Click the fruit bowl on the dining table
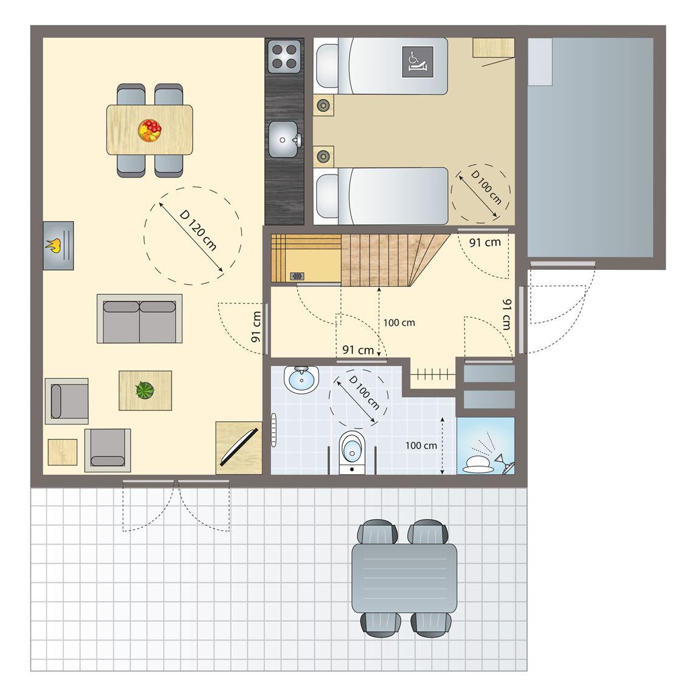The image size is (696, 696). pos(149,130)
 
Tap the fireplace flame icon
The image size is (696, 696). pos(53,245)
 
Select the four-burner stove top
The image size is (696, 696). pos(284,57)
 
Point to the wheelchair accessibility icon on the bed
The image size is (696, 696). pos(417,62)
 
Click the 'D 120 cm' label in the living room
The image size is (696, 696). pos(198,230)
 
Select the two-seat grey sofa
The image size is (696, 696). pos(139,319)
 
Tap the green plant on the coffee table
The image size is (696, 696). pos(145,390)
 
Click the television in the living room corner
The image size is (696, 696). pos(239,447)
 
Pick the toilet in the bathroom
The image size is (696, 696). pos(352,452)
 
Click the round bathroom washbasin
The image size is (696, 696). pos(301,379)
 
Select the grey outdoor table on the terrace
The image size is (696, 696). pos(404,578)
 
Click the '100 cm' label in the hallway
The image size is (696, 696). pos(399,323)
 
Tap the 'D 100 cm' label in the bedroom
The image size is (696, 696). pos(486,187)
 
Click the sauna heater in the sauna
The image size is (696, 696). pos(297,276)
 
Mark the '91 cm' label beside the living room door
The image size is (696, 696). pos(256,326)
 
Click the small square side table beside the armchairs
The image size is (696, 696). pos(63,452)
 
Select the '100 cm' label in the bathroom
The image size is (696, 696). pos(421,446)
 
